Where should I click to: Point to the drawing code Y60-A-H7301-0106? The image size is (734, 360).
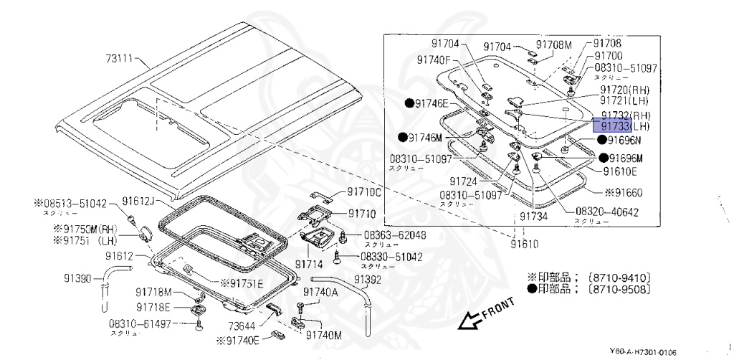point(642,351)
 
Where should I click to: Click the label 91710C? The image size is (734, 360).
point(364,192)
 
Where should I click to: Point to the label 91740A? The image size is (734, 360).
point(320,292)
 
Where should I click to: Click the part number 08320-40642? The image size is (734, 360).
point(606,212)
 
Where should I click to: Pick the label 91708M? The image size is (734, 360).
point(555,44)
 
